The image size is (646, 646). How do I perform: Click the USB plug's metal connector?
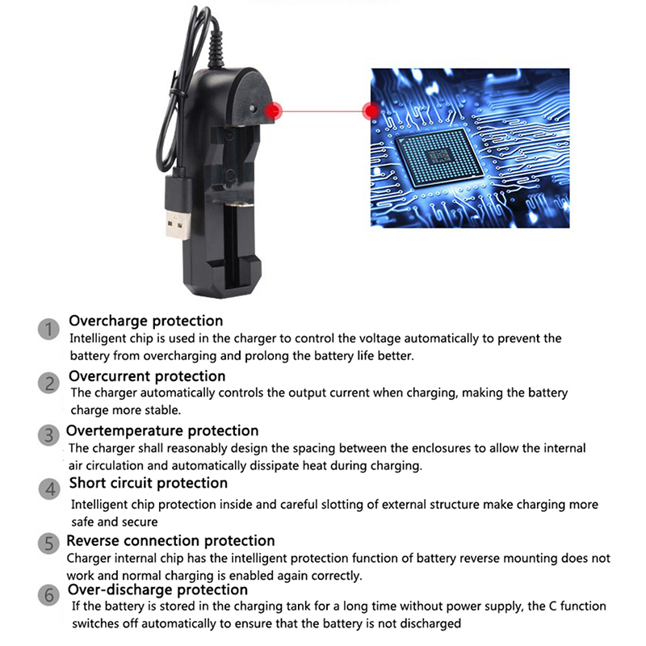click(x=178, y=224)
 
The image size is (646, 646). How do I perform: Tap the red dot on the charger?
click(x=273, y=111)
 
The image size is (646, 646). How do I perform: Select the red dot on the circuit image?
click(x=371, y=111)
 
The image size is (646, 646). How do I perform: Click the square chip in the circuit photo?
click(x=439, y=157)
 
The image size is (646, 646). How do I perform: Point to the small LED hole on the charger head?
click(x=253, y=109)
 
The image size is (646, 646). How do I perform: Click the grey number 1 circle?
click(x=48, y=329)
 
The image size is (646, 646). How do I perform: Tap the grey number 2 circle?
click(x=49, y=383)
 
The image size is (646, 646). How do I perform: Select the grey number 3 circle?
click(x=49, y=435)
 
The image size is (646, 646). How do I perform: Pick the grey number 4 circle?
click(x=49, y=489)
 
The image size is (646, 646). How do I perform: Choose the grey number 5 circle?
click(x=48, y=543)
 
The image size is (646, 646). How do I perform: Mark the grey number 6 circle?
click(x=49, y=595)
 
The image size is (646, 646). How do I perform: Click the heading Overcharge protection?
click(x=146, y=321)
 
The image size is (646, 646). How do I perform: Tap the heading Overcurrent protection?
click(x=147, y=376)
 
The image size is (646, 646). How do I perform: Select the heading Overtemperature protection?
click(x=162, y=431)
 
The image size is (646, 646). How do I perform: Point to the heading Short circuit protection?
click(x=149, y=483)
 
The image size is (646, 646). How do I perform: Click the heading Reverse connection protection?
click(x=170, y=540)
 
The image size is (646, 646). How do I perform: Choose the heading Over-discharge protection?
click(x=157, y=590)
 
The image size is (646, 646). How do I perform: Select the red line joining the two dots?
click(x=322, y=111)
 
